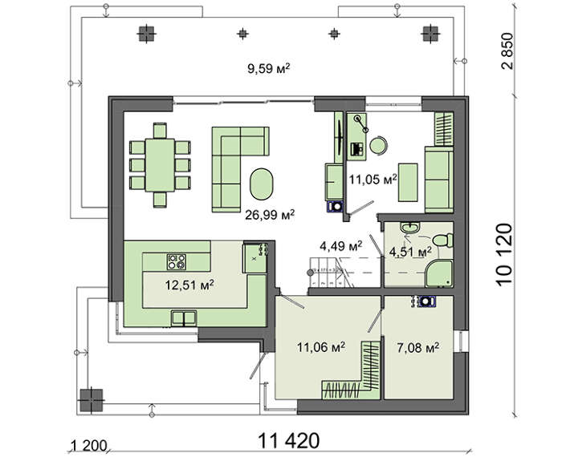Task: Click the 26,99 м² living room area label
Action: click(x=270, y=215)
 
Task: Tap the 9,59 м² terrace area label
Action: click(x=268, y=68)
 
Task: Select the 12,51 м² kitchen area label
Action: click(x=189, y=285)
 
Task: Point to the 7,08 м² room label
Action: click(x=418, y=347)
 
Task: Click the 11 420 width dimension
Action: click(x=288, y=441)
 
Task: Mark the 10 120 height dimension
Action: click(x=504, y=254)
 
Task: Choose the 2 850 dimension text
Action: click(x=507, y=51)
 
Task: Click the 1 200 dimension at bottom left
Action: click(x=89, y=447)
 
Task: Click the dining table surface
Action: click(x=160, y=165)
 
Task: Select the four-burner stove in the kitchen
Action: click(x=177, y=261)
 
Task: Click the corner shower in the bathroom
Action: click(x=439, y=274)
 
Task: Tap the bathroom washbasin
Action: click(x=410, y=227)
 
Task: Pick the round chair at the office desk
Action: click(x=378, y=146)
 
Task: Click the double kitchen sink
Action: click(x=184, y=318)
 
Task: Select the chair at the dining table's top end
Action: click(x=160, y=130)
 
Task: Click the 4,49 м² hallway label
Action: click(x=340, y=246)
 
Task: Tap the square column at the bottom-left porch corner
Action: click(x=92, y=400)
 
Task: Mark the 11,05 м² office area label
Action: click(x=373, y=179)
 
